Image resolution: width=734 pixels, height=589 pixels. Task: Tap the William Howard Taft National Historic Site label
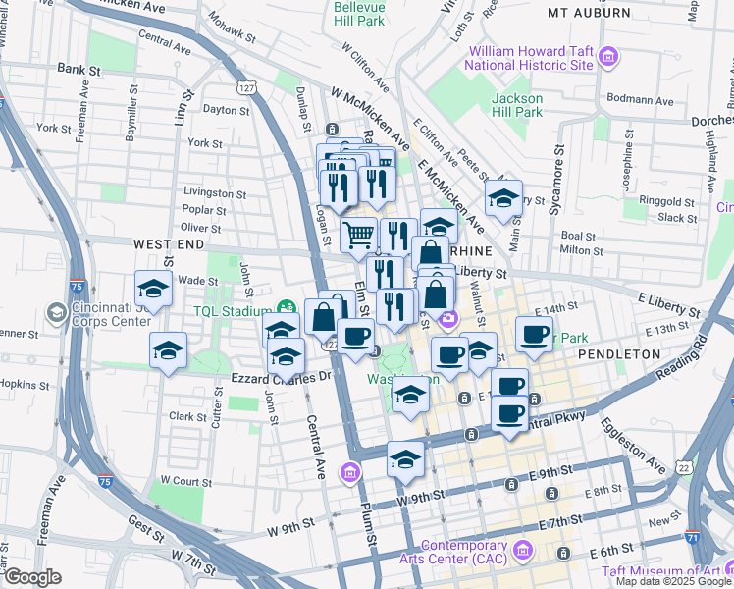click(x=531, y=57)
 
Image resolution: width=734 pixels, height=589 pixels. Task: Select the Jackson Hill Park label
click(x=517, y=105)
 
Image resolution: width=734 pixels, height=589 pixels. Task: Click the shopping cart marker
click(x=359, y=234)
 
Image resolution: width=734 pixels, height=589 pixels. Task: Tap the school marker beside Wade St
click(x=153, y=289)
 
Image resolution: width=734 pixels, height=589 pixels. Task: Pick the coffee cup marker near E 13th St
click(x=535, y=334)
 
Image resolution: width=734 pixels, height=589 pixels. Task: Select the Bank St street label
click(x=79, y=70)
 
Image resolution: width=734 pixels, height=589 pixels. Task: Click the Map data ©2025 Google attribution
click(x=673, y=581)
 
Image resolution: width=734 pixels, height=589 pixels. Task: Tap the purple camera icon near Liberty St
click(x=448, y=317)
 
